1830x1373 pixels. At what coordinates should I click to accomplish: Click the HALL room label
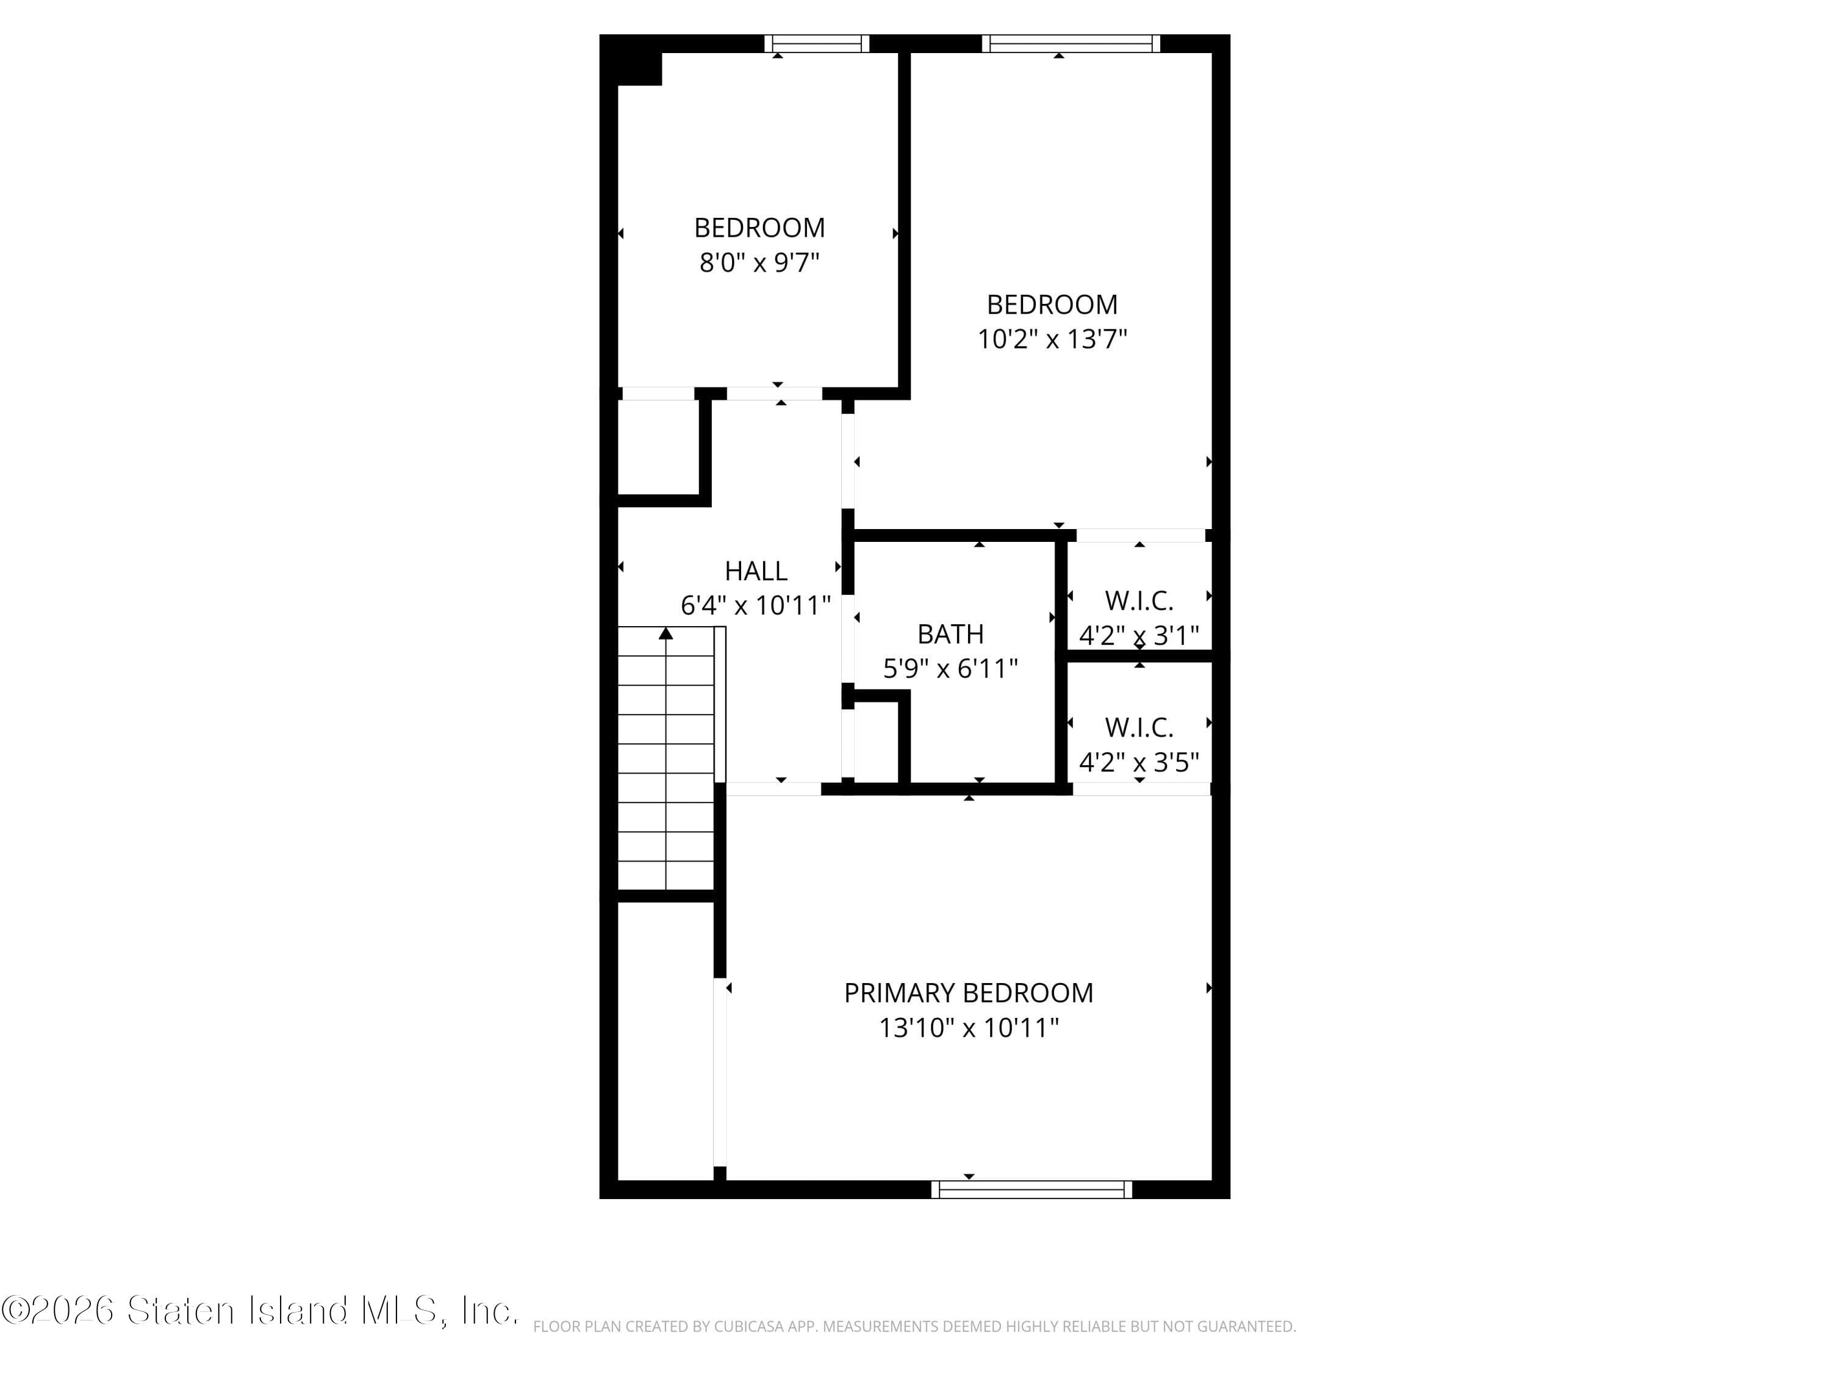click(x=755, y=571)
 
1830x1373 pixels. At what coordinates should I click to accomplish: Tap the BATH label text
click(x=950, y=634)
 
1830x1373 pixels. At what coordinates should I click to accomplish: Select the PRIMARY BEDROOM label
click(x=968, y=993)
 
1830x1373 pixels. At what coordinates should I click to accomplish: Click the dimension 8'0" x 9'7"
click(x=759, y=263)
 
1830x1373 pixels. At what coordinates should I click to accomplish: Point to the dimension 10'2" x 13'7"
click(x=1052, y=339)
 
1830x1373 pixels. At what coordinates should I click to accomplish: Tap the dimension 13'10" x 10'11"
click(x=968, y=1028)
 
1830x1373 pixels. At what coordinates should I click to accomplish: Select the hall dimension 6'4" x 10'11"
click(x=755, y=606)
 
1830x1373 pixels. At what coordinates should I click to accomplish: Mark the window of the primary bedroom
click(x=1032, y=1189)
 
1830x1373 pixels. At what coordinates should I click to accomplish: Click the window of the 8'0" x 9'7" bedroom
click(x=817, y=44)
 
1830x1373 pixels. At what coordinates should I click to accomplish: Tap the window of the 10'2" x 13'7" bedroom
click(x=1071, y=44)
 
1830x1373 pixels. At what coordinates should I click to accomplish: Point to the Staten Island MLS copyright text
click(x=259, y=1311)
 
